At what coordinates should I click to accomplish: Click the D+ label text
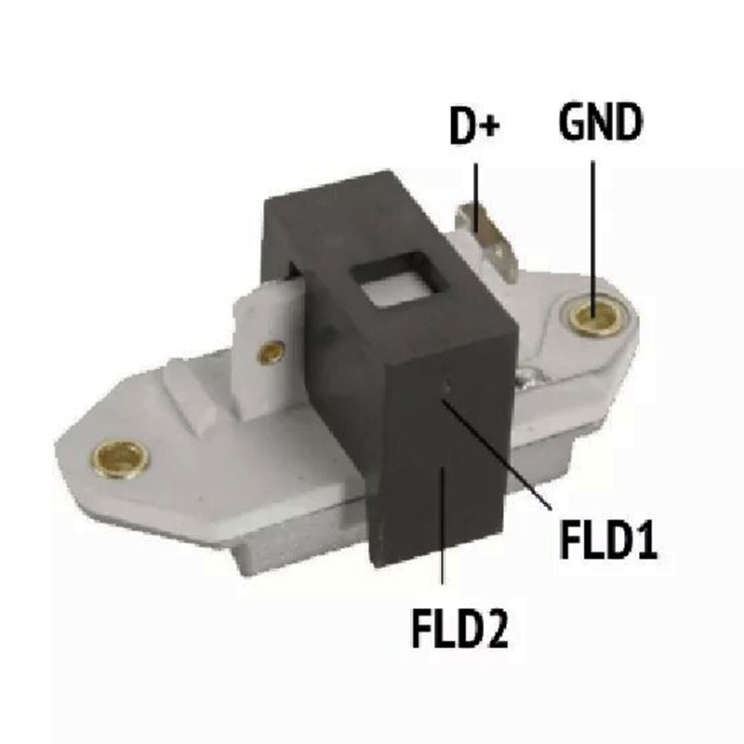point(474,126)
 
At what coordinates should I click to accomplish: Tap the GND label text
point(601,122)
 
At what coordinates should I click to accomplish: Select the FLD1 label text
point(609,540)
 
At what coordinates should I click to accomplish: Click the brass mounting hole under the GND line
point(594,314)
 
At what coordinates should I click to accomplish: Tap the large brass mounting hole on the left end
point(120,459)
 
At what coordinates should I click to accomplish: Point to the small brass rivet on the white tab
point(271,353)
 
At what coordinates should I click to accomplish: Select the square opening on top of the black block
point(400,281)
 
